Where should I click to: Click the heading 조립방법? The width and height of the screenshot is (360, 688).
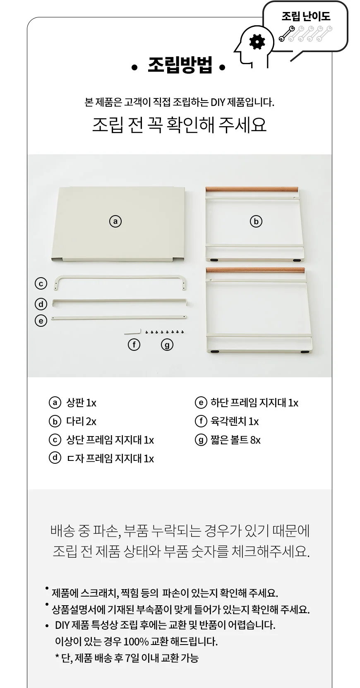(180, 65)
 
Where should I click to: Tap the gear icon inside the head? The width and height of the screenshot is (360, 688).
(257, 42)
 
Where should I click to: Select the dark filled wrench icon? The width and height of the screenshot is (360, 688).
(287, 34)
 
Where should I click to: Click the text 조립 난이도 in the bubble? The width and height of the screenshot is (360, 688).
(306, 16)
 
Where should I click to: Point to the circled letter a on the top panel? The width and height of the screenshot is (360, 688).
(115, 221)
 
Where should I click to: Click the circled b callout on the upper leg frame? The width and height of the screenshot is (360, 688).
(256, 221)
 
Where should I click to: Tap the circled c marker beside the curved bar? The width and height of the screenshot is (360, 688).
(41, 283)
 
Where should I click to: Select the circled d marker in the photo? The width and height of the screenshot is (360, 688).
(41, 304)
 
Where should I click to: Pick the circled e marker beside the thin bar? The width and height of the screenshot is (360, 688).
(41, 321)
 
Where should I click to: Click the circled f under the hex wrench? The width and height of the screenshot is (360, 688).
(134, 345)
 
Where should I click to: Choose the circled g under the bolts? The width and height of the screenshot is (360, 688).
(167, 345)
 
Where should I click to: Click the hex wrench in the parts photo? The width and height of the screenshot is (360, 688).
(133, 332)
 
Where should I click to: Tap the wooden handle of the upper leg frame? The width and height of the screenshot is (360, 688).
(252, 189)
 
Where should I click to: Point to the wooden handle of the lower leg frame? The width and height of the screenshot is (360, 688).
(255, 270)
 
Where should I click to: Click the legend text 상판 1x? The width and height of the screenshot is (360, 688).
(82, 403)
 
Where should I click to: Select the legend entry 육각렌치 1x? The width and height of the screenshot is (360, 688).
(235, 421)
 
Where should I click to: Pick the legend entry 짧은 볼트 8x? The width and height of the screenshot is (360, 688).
(235, 440)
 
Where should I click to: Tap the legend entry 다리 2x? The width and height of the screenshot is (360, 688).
(82, 421)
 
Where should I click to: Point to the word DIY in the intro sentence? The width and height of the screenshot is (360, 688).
(218, 102)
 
